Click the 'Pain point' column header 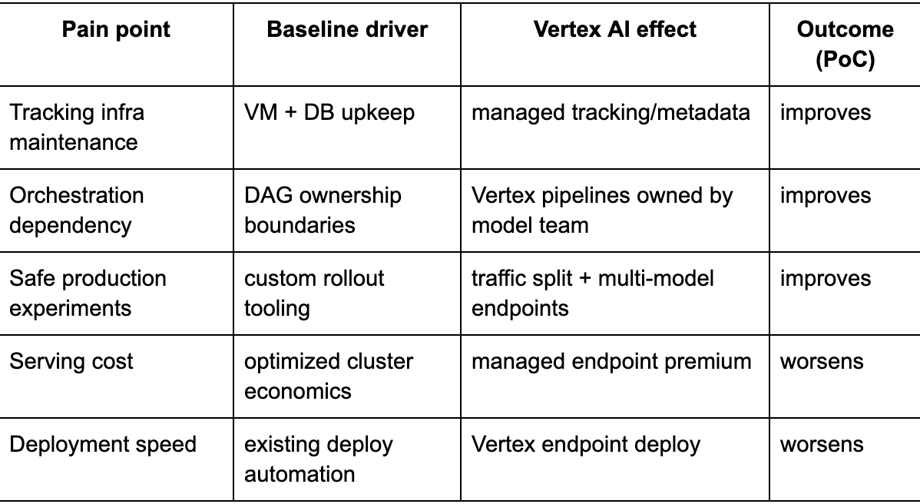pos(116,29)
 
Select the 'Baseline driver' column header pos(347,29)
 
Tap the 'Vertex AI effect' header pos(615,29)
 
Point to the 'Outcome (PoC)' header pos(845,45)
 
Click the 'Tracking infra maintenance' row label pos(77,128)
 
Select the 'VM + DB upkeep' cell pos(329,113)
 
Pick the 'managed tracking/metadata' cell pos(611,113)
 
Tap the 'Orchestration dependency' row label pos(77,210)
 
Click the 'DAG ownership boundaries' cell pos(323,210)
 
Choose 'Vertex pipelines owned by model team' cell pos(602,210)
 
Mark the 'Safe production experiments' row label pos(88,293)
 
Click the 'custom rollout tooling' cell pos(314,293)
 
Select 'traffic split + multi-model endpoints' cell pos(593,293)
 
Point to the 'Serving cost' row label pos(71,361)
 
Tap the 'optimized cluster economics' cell pos(329,376)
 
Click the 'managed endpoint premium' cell pos(611,361)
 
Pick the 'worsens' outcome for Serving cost pos(822,361)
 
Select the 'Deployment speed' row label pos(103,444)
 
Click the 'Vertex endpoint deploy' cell pos(586,444)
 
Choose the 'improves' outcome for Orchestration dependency pos(826,195)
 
